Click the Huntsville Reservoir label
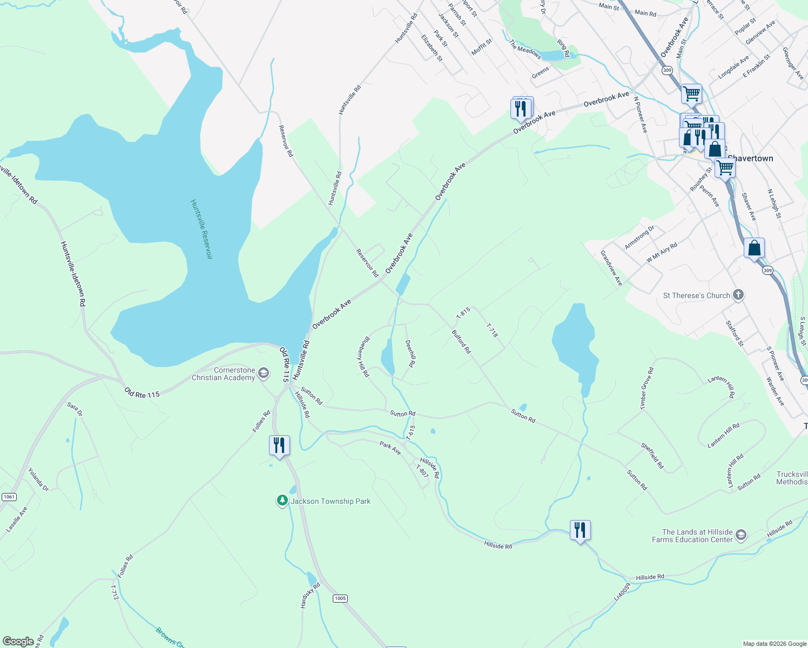point(201,229)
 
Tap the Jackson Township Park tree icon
point(282,501)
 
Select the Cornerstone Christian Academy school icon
point(263,373)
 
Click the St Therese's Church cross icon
point(738,295)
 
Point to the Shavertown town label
point(750,158)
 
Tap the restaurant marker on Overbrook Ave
point(520,109)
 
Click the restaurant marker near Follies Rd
point(279,446)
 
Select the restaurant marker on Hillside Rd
point(580,530)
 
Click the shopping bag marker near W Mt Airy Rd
point(754,248)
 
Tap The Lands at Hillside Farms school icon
point(741,535)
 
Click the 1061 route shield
point(9,497)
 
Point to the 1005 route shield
point(340,598)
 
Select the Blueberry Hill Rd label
point(363,356)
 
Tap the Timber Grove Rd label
point(647,389)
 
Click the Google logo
point(18,642)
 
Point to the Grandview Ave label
point(612,268)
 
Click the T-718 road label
point(492,330)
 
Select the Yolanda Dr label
point(38,480)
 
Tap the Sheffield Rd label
point(652,456)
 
